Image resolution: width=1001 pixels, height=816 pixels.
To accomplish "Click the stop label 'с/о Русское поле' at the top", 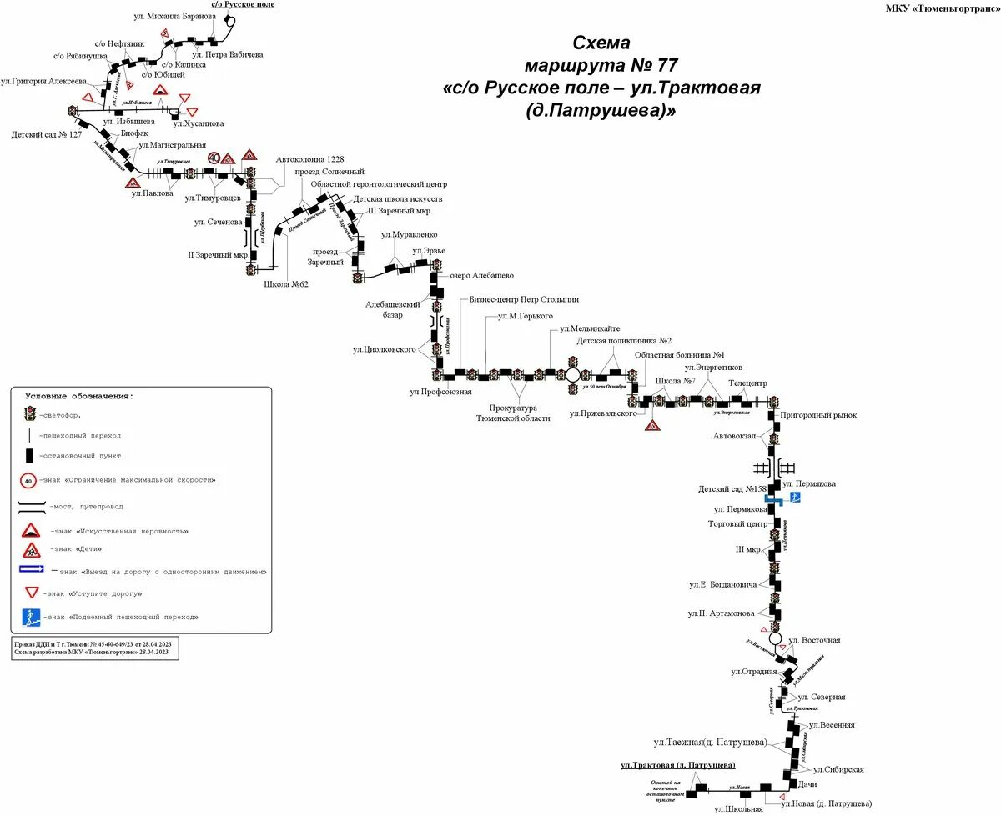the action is [x=242, y=5].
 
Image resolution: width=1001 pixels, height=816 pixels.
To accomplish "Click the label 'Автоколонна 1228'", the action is [x=309, y=158].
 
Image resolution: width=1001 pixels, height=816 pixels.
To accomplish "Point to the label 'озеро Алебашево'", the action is [x=481, y=275].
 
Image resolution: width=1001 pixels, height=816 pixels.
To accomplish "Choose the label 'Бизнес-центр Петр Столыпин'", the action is [x=524, y=298].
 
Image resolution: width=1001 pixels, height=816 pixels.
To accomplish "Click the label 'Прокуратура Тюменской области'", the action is [x=513, y=413].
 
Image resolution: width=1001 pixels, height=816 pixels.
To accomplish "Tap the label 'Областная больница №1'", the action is [x=673, y=355].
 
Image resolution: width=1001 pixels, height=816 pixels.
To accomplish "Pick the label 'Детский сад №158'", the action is [x=732, y=488].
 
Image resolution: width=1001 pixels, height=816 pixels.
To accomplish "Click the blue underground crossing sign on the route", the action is [x=796, y=498].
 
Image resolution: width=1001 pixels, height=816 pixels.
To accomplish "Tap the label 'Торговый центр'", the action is [x=737, y=524].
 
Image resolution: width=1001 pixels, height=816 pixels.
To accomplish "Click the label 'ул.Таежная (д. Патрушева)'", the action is [x=710, y=742].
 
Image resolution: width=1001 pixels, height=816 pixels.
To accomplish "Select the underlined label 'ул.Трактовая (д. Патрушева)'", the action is [x=677, y=764].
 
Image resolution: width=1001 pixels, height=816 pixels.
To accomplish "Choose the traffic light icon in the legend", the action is [x=29, y=413].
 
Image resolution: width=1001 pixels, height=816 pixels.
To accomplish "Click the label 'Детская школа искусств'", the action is [x=397, y=199].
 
